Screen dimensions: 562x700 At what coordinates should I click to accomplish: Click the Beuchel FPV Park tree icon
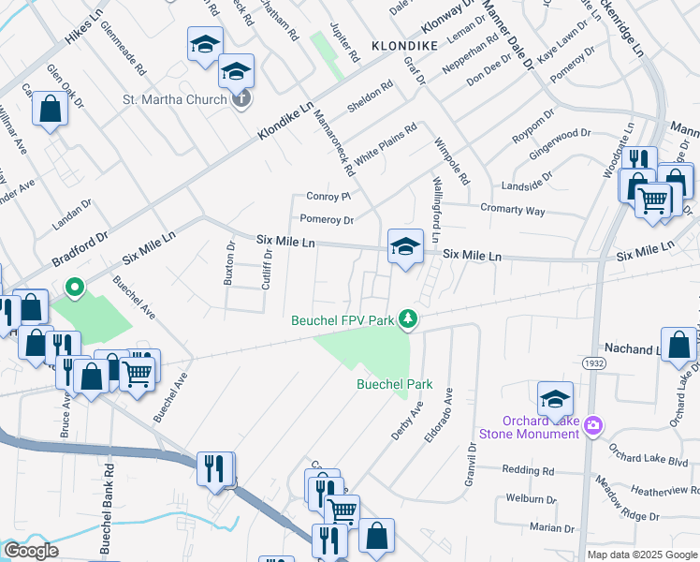click(x=407, y=320)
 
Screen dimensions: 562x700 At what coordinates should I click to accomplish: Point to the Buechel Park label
click(x=394, y=384)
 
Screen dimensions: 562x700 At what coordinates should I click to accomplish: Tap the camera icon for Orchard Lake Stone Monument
click(x=592, y=426)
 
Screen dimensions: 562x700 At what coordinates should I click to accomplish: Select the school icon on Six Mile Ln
click(x=404, y=246)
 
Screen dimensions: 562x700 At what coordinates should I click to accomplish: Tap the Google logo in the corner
click(x=31, y=551)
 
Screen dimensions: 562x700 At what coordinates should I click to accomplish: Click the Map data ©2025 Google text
click(x=641, y=555)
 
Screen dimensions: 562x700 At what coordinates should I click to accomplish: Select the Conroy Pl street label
click(x=328, y=197)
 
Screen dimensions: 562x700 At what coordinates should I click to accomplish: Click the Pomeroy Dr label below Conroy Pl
click(x=327, y=220)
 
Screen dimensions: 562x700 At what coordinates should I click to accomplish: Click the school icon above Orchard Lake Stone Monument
click(x=555, y=398)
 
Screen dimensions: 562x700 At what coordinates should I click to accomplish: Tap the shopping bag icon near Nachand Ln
click(x=678, y=345)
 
